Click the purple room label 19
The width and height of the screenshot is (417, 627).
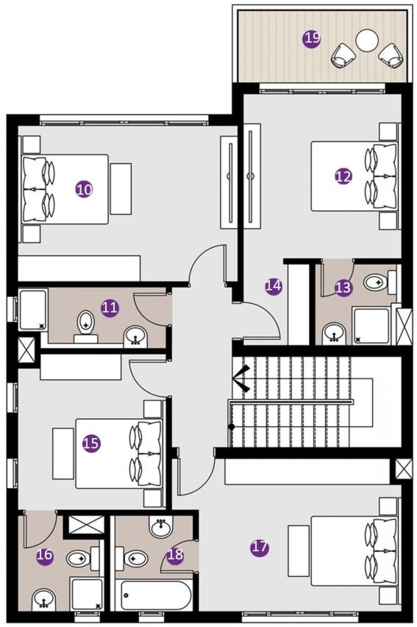coord(312,38)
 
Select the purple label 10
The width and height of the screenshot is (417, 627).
coord(84,189)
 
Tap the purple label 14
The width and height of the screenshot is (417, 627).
coord(273,286)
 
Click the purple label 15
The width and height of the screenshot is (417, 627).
coord(91,444)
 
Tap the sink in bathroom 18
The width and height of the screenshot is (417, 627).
coord(161,527)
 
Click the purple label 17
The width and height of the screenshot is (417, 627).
coord(260,547)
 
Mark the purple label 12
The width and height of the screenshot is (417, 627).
coord(343,176)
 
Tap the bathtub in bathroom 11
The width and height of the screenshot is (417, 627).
coord(33,310)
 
